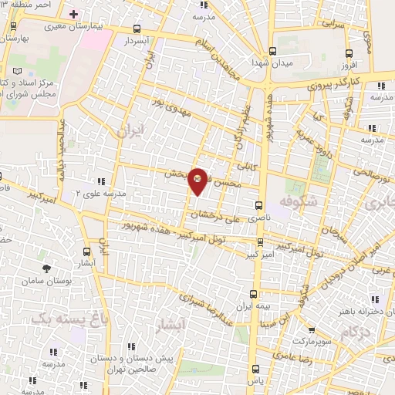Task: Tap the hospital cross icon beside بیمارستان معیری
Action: tap(74, 15)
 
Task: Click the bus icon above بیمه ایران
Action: tap(254, 293)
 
